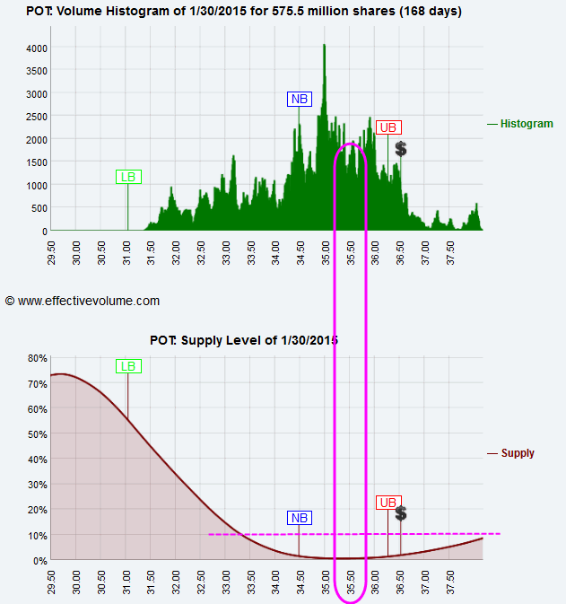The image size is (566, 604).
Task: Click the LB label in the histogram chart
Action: tap(128, 177)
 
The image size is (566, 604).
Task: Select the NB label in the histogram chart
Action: tap(299, 99)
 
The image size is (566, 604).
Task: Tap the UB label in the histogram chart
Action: tap(388, 127)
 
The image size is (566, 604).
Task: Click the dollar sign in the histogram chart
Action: tap(401, 148)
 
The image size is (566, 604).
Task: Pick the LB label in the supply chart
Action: tap(128, 365)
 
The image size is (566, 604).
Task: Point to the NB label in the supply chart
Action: tap(299, 518)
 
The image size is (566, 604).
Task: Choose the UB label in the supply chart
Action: tap(388, 503)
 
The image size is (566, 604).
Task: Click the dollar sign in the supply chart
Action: tap(401, 513)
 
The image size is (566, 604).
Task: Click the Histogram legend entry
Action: tap(527, 124)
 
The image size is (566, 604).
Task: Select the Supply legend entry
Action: tap(518, 453)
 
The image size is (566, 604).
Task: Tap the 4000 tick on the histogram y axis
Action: tap(37, 48)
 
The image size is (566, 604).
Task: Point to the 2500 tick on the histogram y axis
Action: tap(37, 117)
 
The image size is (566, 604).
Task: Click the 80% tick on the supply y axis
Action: tap(37, 358)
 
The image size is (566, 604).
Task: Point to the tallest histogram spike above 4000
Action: tap(325, 46)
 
